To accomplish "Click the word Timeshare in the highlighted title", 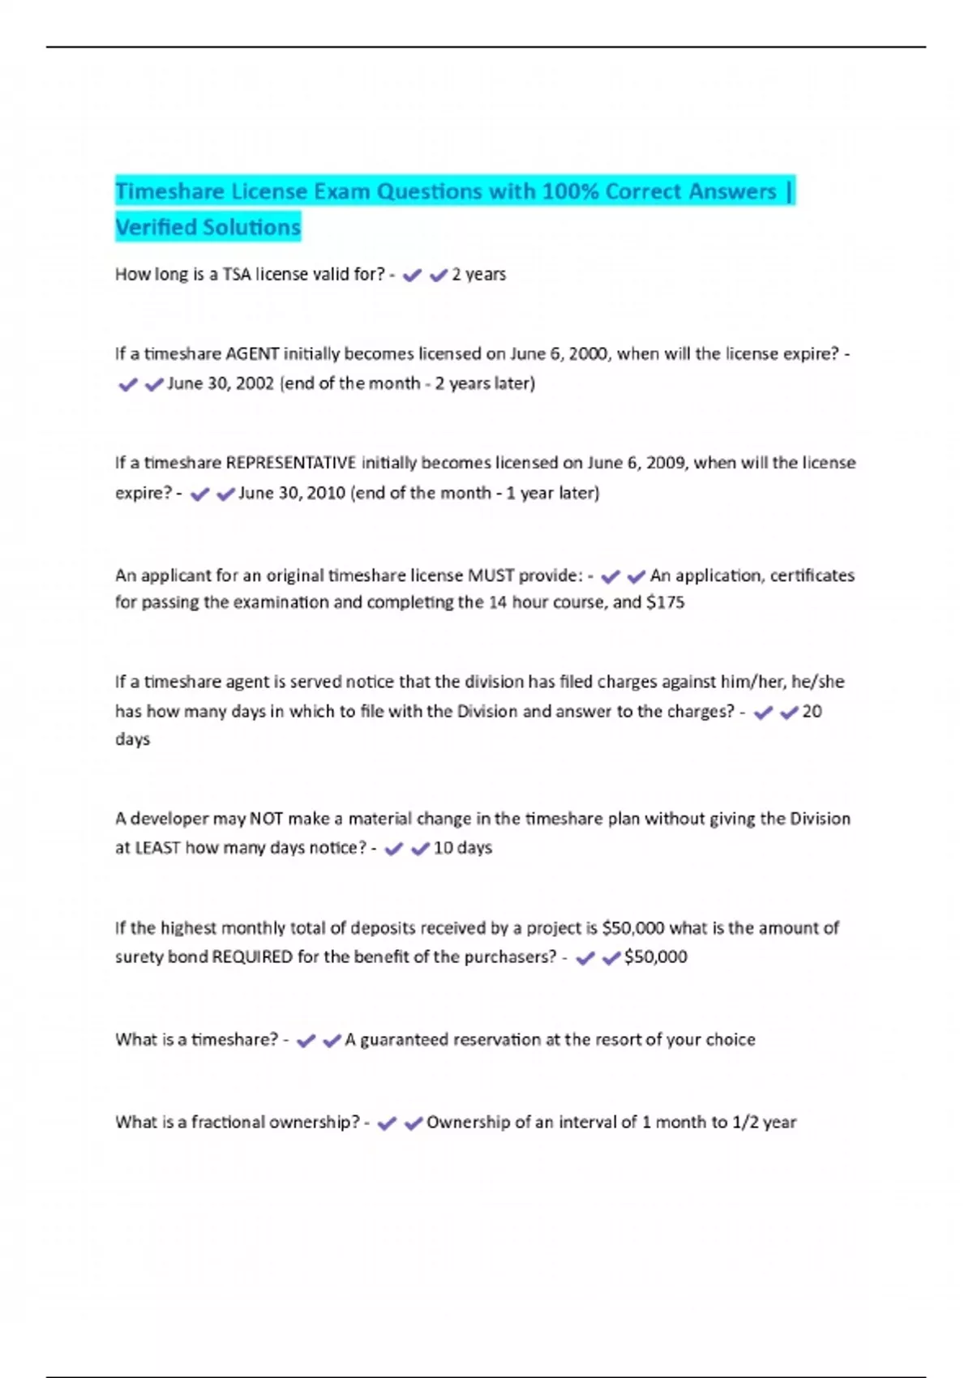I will coord(169,192).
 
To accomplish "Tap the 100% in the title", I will coord(570,192).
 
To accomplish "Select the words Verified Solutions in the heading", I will coord(208,228).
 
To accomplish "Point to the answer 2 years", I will coord(478,275).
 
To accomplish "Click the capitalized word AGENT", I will coord(252,354).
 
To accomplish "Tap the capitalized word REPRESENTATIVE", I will coord(290,463).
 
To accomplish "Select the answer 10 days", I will coord(462,848).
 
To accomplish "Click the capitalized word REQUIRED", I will coord(252,957).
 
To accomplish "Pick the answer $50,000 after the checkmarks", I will coord(655,957).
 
